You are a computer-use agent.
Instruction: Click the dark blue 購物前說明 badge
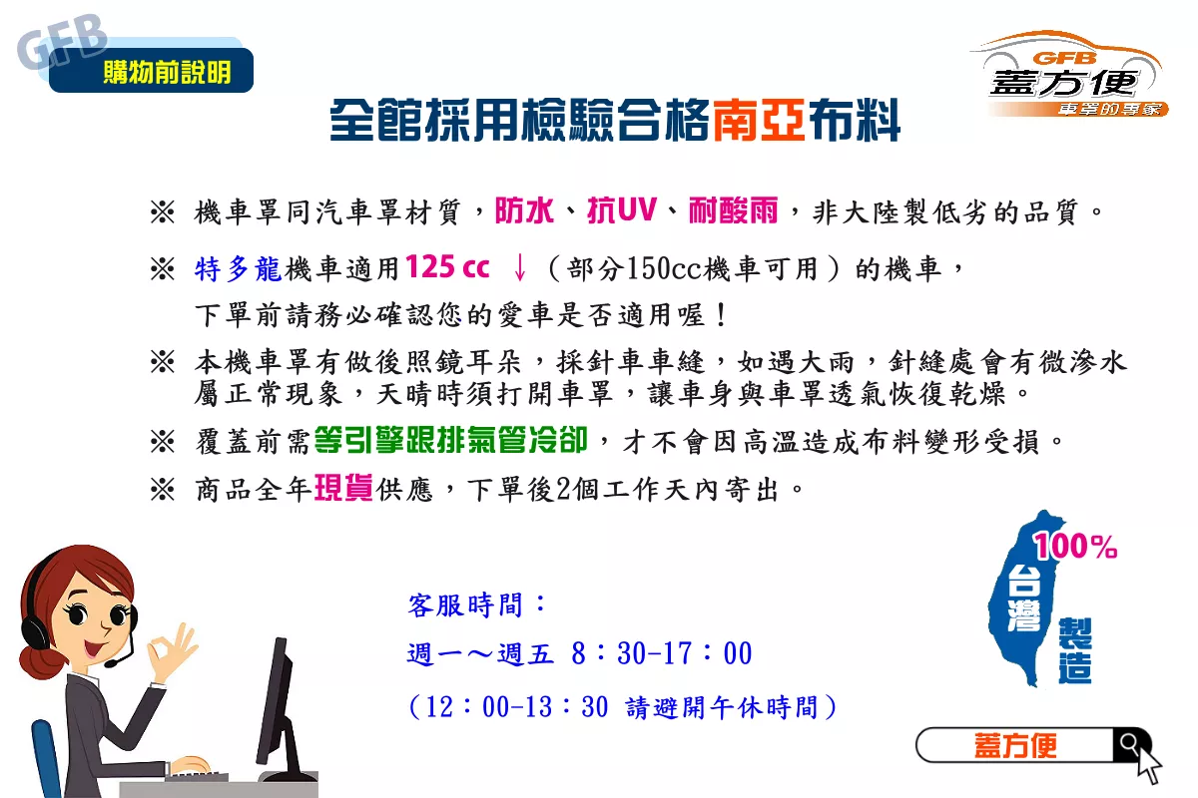coord(151,70)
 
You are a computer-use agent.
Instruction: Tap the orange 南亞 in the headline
coord(759,121)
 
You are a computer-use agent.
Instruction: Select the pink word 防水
coord(523,210)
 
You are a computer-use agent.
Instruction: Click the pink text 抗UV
coord(621,210)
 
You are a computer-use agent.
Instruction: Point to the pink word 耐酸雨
coord(733,210)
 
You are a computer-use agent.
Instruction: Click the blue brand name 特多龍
coord(238,268)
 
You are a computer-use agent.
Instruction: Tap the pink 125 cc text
coord(447,266)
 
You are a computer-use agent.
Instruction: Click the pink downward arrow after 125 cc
coord(519,267)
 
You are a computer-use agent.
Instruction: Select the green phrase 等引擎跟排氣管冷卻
coord(451,441)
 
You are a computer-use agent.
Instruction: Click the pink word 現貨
coord(343,488)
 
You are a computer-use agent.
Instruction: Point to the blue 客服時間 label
coord(465,605)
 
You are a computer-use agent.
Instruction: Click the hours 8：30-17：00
coord(662,653)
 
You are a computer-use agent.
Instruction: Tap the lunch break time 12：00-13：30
coord(517,706)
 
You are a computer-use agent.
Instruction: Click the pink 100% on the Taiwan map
coord(1075,547)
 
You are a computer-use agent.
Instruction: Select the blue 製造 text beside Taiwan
coord(1075,650)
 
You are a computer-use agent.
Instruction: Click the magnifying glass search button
coord(1130,744)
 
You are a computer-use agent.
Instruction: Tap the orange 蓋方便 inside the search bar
coord(1015,745)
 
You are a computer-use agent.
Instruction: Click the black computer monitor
coord(281,711)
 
